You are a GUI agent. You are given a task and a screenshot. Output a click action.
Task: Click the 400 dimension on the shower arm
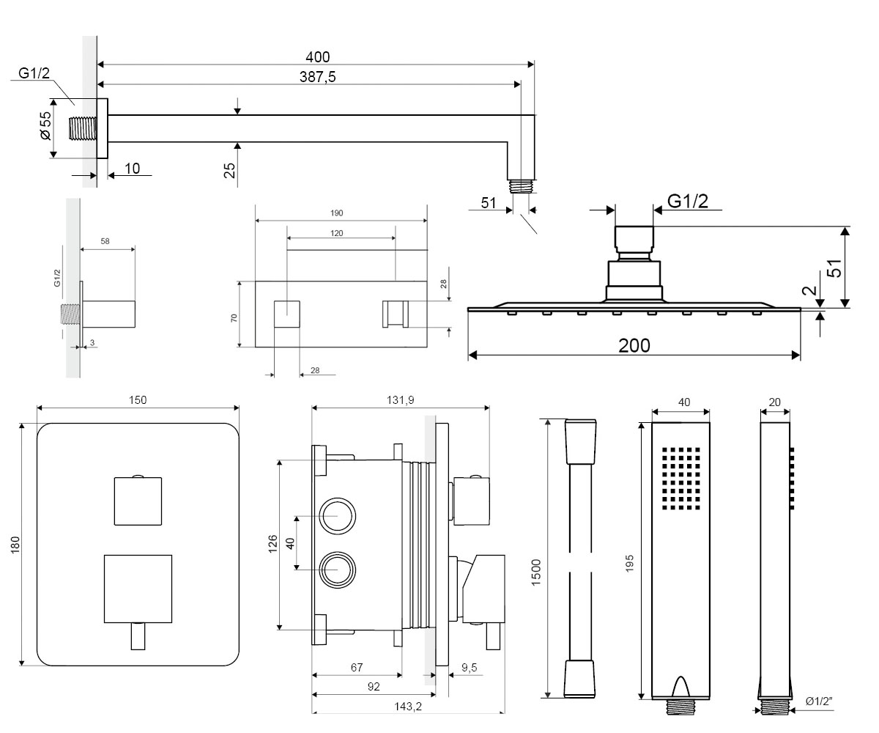click(x=317, y=57)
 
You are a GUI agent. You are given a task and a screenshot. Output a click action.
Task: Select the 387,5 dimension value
click(x=317, y=77)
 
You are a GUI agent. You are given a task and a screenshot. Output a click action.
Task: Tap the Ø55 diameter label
click(x=45, y=125)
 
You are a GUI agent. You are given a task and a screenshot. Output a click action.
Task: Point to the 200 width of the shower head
click(x=634, y=345)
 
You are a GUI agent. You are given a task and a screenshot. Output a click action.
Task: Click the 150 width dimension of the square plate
click(x=138, y=399)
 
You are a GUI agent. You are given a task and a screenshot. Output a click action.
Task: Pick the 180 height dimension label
click(x=15, y=545)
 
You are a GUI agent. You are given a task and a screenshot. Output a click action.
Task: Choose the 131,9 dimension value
click(x=401, y=399)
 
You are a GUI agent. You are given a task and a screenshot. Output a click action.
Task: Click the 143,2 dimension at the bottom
click(x=407, y=706)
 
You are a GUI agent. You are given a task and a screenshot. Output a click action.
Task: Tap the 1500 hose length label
click(x=536, y=572)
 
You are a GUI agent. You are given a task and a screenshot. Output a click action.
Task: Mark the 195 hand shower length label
click(x=629, y=564)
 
